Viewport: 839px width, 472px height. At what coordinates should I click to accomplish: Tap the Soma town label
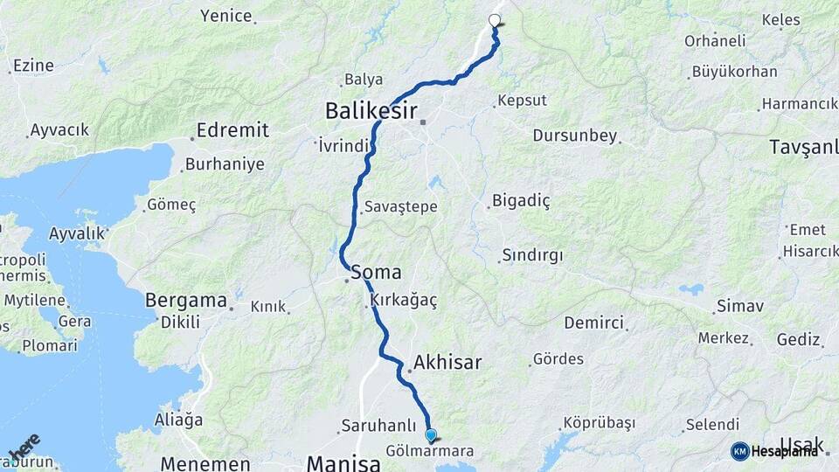tap(376, 273)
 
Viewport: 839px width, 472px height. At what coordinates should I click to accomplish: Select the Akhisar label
tap(447, 362)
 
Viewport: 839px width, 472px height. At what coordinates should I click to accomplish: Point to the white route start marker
tap(495, 20)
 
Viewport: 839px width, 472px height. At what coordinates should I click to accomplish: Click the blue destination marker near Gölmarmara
tap(430, 434)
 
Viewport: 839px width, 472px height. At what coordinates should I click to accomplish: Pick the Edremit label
tap(232, 130)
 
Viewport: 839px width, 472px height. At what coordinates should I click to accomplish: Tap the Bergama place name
tap(186, 300)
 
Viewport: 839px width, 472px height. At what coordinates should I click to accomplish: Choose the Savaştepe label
tap(401, 206)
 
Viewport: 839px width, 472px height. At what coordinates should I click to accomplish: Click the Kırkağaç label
tap(404, 300)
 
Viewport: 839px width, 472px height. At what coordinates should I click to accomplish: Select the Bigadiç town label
tap(521, 201)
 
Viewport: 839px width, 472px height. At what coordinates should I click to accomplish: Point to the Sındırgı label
tap(532, 255)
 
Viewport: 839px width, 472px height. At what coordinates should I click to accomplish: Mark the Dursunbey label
tap(575, 136)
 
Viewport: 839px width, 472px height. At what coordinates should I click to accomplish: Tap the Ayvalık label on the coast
tap(77, 233)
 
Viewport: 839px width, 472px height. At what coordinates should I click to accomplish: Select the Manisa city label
tap(343, 462)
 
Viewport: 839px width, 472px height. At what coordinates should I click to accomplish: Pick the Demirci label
tap(593, 323)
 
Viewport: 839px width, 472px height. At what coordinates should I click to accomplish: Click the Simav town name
tap(739, 306)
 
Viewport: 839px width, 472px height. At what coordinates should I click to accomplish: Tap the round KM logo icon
tap(739, 451)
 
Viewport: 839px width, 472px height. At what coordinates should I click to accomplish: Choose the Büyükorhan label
tap(734, 72)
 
